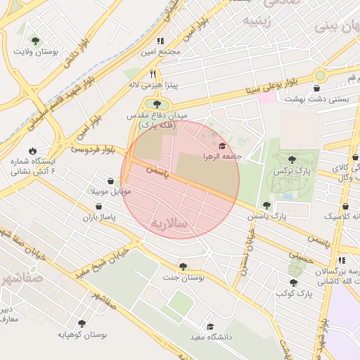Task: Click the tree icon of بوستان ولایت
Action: tap(36, 41)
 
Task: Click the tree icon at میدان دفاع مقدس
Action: tap(147, 104)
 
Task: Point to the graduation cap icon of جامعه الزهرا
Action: tap(223, 146)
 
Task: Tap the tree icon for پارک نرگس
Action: tap(292, 160)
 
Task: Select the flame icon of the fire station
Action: tap(32, 150)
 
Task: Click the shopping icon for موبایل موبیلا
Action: tap(110, 181)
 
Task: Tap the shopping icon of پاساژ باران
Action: tap(99, 207)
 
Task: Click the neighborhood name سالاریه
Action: tap(169, 223)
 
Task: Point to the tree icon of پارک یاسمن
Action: tap(266, 205)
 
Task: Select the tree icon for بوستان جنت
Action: tap(183, 266)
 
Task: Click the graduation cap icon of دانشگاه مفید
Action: tap(210, 327)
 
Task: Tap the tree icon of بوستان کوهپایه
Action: tap(82, 324)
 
